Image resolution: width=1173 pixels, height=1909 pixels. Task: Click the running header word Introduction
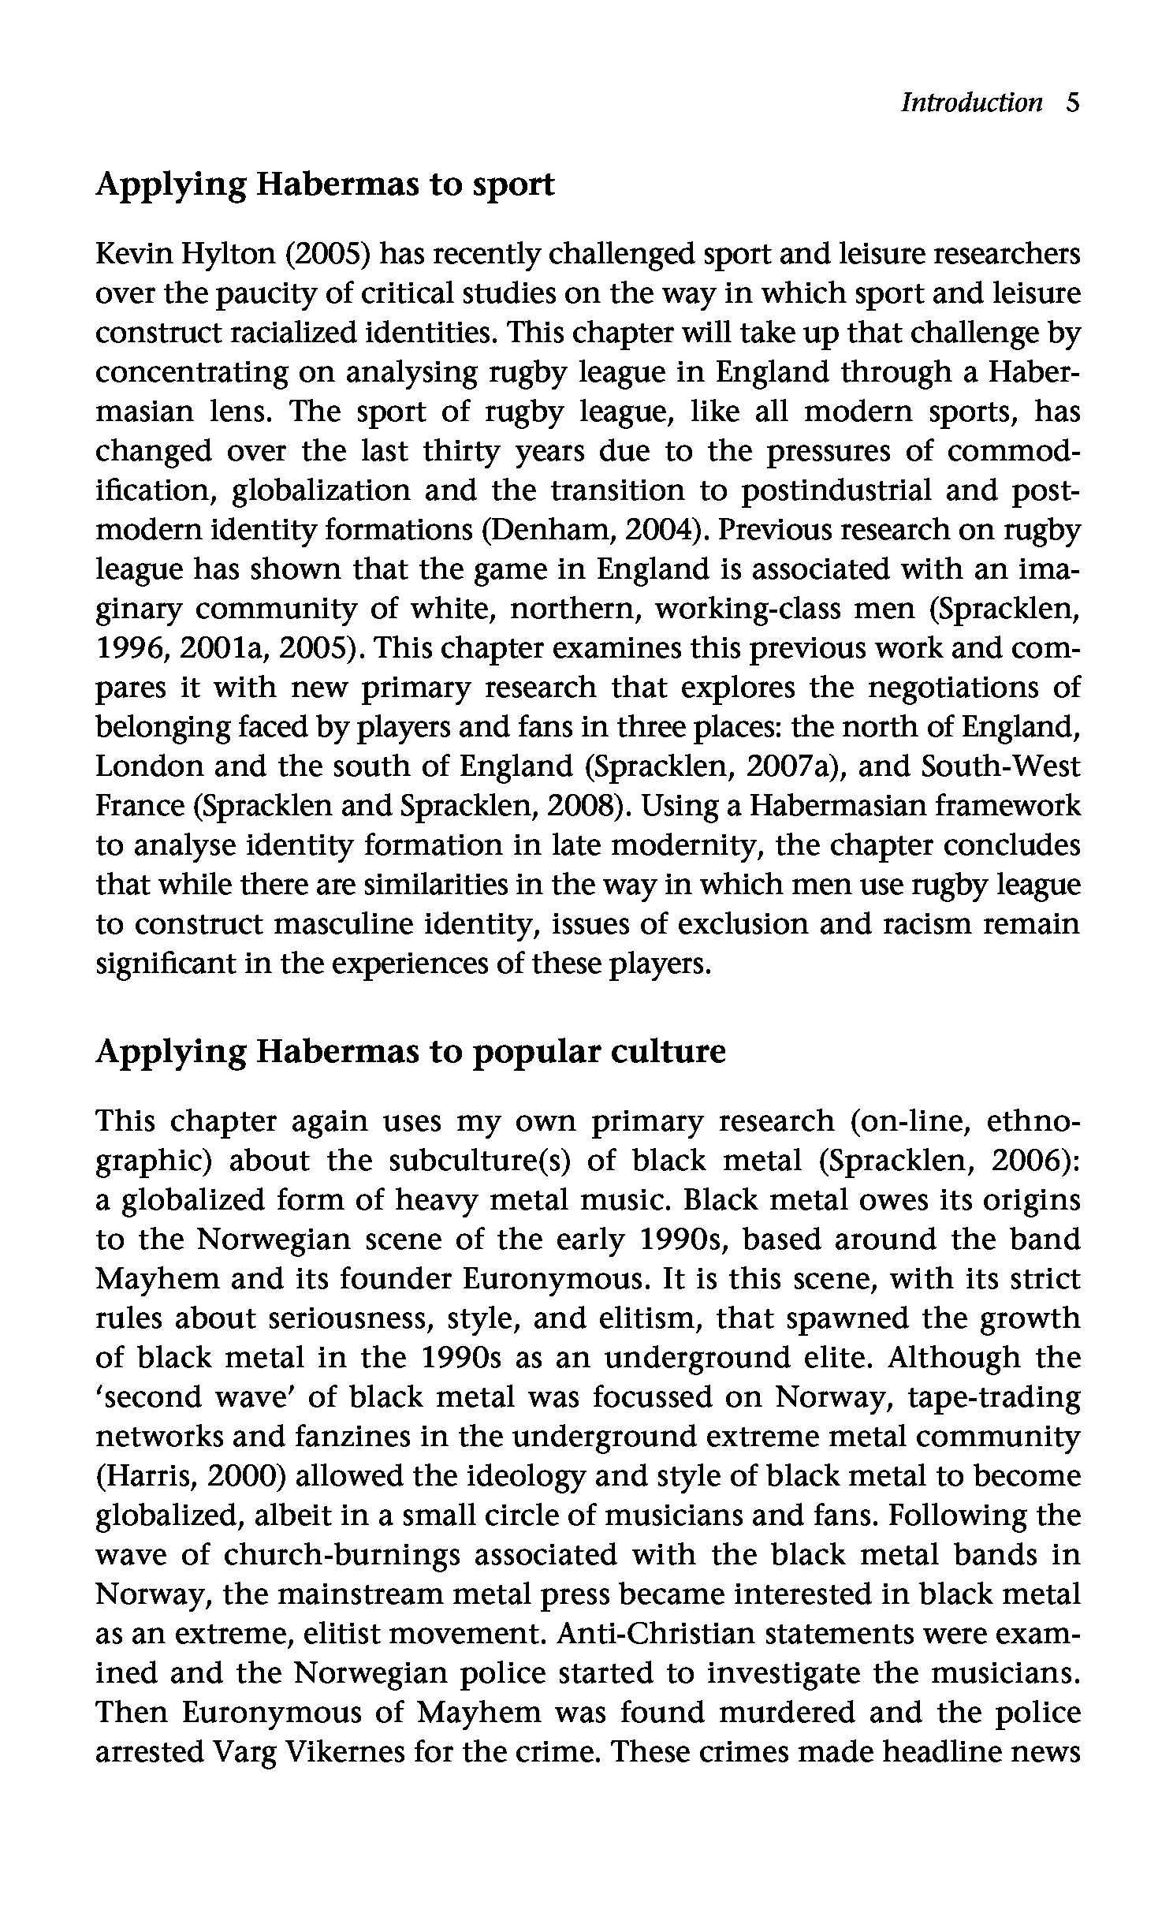pos(971,103)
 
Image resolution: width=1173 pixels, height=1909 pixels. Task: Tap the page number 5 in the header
pos(1071,103)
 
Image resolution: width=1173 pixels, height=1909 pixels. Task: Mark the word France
pos(139,806)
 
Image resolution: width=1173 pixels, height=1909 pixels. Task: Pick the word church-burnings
pos(342,1555)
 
